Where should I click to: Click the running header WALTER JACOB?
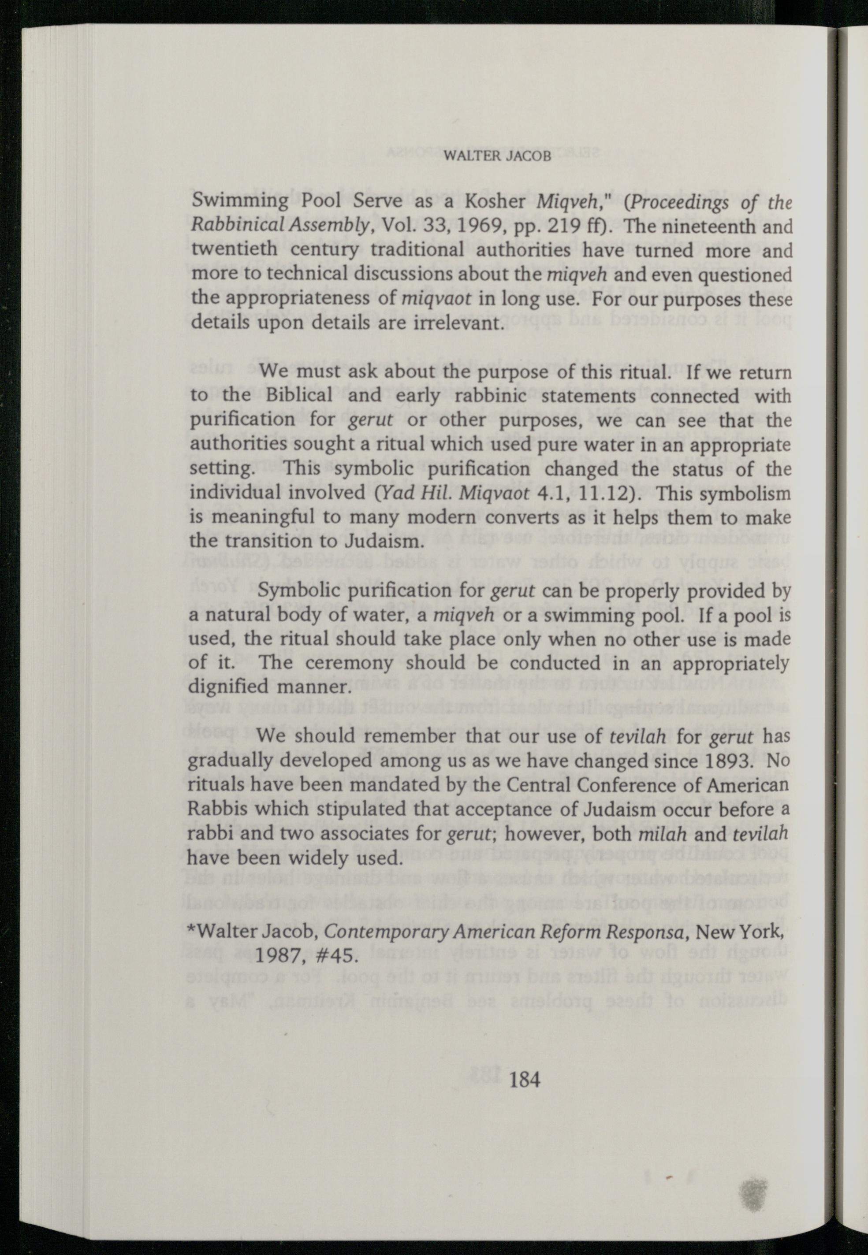[x=498, y=156]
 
